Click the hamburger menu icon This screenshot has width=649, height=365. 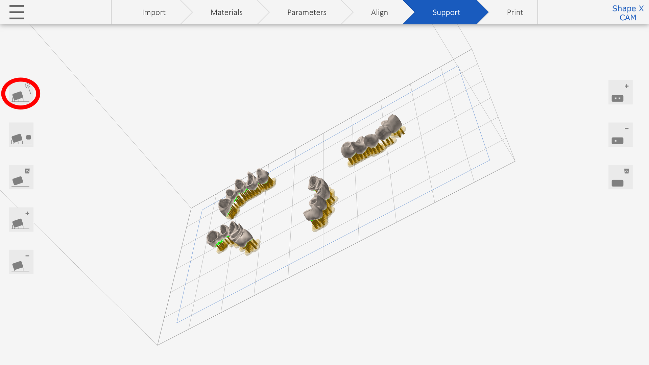click(x=17, y=12)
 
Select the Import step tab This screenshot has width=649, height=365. click(x=153, y=13)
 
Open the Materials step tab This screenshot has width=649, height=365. click(x=226, y=13)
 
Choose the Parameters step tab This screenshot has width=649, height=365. click(x=307, y=13)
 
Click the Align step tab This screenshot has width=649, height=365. click(x=379, y=13)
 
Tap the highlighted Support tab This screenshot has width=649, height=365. click(x=446, y=13)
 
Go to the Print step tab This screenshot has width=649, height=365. click(x=515, y=13)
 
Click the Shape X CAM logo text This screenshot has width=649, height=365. click(x=628, y=13)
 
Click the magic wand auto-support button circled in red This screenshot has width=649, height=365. click(x=21, y=93)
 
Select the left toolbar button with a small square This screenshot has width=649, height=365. click(x=21, y=135)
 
